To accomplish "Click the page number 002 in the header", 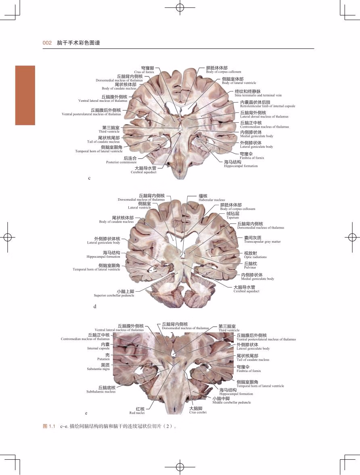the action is tap(47, 42).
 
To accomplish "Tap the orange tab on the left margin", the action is tap(25, 95).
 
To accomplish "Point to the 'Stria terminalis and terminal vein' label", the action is tap(258, 95).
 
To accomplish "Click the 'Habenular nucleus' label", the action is tap(211, 200).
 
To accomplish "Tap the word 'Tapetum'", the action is tap(232, 217).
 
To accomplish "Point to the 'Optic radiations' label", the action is tap(255, 257).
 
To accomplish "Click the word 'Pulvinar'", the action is tap(251, 267).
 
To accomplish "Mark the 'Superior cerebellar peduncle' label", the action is tap(114, 295).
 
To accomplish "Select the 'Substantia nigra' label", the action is tap(98, 369).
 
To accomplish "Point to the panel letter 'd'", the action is tap(95, 306).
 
